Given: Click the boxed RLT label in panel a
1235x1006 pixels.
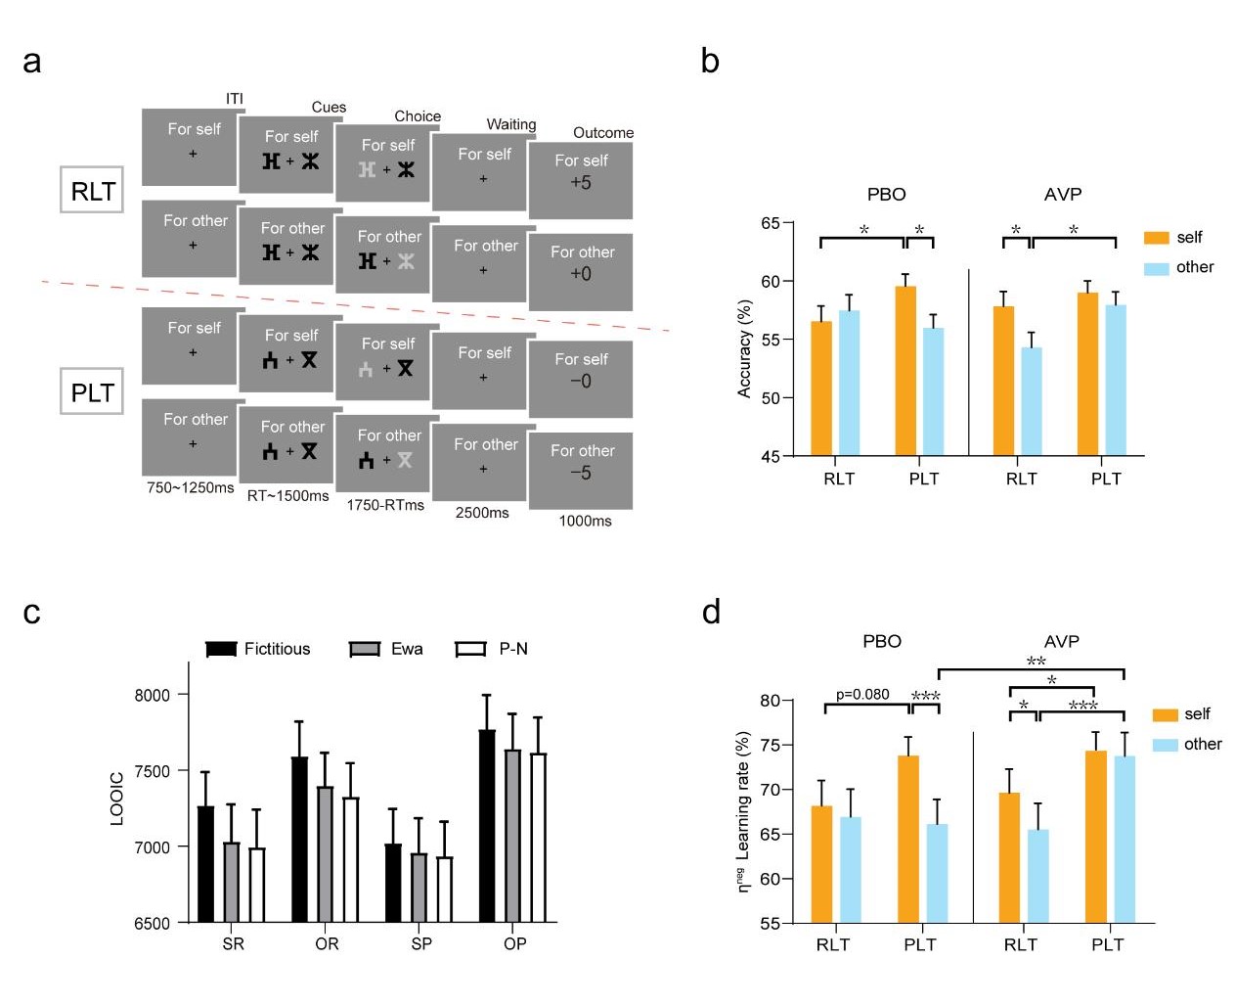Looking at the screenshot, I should point(93,191).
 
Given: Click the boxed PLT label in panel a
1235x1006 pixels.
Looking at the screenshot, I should point(93,391).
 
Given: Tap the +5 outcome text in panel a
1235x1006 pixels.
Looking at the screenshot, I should point(581,183).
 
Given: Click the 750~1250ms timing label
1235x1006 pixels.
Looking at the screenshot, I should point(191,487).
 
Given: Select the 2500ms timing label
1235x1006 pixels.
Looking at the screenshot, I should point(482,512).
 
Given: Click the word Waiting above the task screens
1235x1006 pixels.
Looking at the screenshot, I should point(511,124).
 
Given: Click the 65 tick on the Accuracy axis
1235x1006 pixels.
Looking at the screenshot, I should point(771,223).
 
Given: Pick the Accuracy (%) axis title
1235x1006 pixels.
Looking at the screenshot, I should point(744,348).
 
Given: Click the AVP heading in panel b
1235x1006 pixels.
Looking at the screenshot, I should point(1062,194).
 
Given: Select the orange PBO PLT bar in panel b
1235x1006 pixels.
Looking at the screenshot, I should point(905,371).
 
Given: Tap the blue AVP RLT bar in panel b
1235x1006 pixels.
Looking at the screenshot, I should point(1032,401).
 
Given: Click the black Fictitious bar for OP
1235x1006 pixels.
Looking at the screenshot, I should point(487,826).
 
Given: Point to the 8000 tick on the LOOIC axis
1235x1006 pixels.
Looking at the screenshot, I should point(152,695).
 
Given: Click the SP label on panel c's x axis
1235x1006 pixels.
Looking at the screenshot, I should point(421,943).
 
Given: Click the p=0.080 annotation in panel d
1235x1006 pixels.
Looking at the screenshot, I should point(862,694).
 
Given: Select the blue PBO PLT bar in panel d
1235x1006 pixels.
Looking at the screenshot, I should point(937,873).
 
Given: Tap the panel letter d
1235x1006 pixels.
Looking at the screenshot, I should point(711,612).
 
